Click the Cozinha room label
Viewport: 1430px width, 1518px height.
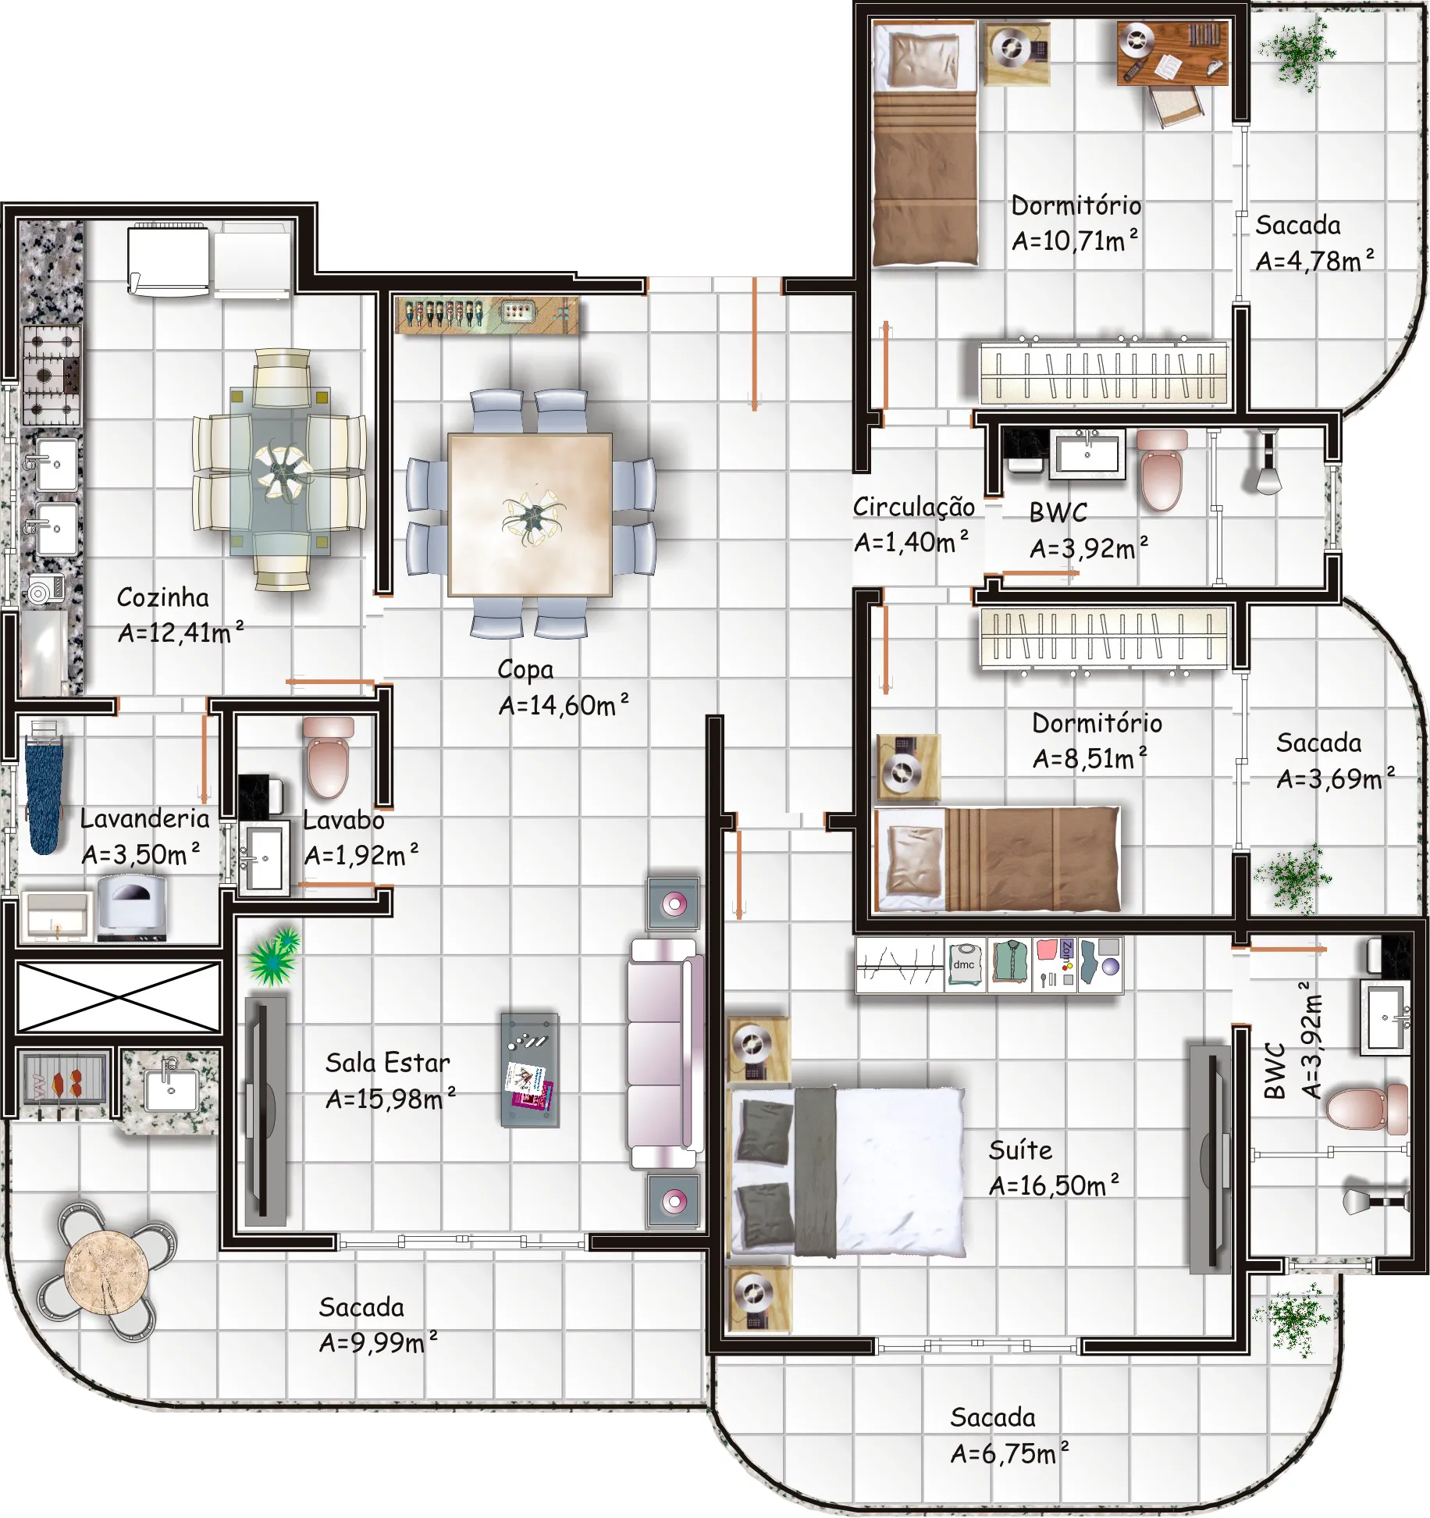(x=163, y=598)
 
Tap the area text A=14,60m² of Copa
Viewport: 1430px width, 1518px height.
(x=564, y=705)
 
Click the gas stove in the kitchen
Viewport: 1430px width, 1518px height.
(x=52, y=375)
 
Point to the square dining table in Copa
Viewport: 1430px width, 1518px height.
(x=529, y=515)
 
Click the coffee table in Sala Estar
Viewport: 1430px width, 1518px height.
(x=530, y=1070)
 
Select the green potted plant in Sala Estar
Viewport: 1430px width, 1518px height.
(x=272, y=956)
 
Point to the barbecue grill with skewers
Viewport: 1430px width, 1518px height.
(x=62, y=1081)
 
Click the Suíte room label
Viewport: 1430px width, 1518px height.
(x=1020, y=1150)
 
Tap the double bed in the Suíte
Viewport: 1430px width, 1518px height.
(x=847, y=1172)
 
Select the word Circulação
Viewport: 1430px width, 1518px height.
(x=913, y=508)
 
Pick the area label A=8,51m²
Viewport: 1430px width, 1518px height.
(x=1090, y=758)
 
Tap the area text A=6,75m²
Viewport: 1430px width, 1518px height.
(x=1009, y=1453)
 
